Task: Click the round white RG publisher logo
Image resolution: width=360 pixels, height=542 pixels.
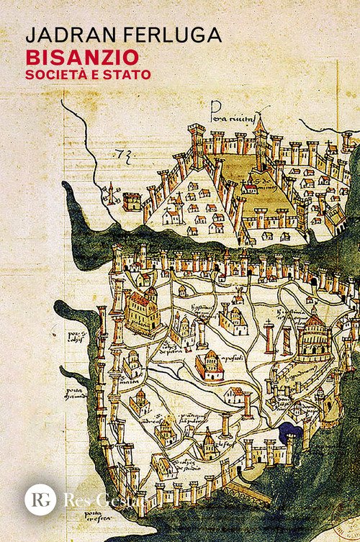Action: [40, 499]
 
